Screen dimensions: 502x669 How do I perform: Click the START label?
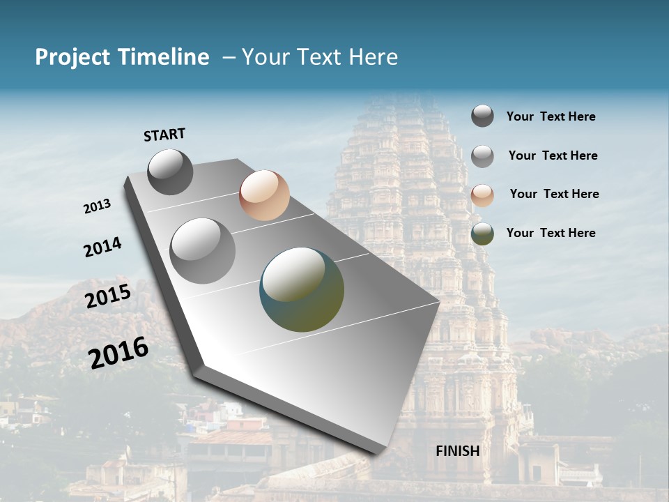pyautogui.click(x=164, y=135)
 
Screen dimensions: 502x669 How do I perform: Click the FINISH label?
pyautogui.click(x=458, y=451)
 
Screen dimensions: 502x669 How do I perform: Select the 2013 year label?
pyautogui.click(x=97, y=206)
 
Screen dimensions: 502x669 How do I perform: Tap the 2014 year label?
pyautogui.click(x=102, y=248)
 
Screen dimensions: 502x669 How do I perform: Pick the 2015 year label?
pyautogui.click(x=108, y=296)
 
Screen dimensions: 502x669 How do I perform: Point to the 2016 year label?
pyautogui.click(x=118, y=353)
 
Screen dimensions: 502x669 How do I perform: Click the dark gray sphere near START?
pyautogui.click(x=170, y=172)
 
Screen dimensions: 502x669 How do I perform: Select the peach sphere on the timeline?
pyautogui.click(x=264, y=195)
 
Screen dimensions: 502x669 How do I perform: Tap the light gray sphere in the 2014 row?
pyautogui.click(x=203, y=251)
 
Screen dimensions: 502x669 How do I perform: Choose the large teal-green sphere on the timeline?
pyautogui.click(x=302, y=289)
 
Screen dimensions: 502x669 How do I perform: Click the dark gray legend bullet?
pyautogui.click(x=482, y=116)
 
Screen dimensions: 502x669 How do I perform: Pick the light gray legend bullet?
pyautogui.click(x=482, y=156)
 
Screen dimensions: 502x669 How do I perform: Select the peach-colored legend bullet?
pyautogui.click(x=482, y=195)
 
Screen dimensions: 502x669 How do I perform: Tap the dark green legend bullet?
pyautogui.click(x=482, y=234)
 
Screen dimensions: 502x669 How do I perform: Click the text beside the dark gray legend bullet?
pyautogui.click(x=551, y=116)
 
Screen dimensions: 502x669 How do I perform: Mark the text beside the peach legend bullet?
pyautogui.click(x=554, y=194)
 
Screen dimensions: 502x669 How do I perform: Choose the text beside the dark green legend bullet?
pyautogui.click(x=551, y=233)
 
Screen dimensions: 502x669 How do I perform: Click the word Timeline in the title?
pyautogui.click(x=164, y=57)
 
